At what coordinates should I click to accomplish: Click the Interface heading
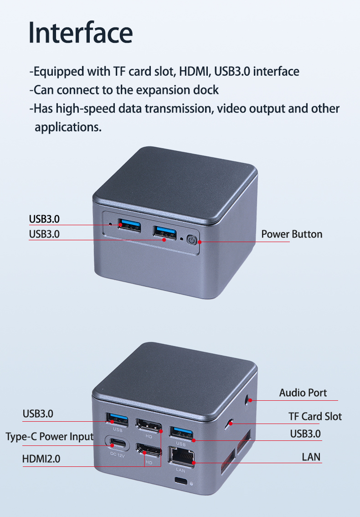coord(81,32)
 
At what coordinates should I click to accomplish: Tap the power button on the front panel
coord(191,240)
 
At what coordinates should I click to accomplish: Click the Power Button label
coord(292,234)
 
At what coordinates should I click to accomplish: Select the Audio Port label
coord(303,393)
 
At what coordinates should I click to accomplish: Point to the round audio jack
coord(247,400)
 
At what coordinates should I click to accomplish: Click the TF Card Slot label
coord(315,416)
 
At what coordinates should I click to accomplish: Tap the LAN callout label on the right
coord(311,457)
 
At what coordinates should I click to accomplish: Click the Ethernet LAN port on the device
coord(182,457)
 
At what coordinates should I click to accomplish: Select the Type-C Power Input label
coord(50,437)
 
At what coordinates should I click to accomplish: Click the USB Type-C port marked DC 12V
coord(117,443)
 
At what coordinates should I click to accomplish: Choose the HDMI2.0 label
coord(41,459)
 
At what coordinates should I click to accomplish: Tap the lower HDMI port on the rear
coord(149,451)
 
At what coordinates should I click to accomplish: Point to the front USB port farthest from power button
coord(129,225)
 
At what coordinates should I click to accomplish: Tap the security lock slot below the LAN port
coord(180,481)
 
